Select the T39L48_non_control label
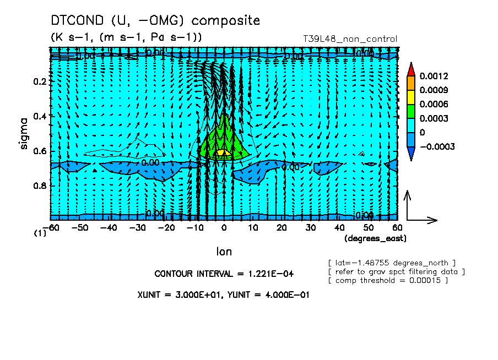(x=350, y=39)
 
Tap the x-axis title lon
(x=224, y=252)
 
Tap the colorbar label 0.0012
(x=433, y=75)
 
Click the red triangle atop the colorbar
(x=411, y=68)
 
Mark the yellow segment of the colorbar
(x=411, y=97)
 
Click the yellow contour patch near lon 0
(x=221, y=151)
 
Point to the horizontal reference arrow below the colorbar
(x=422, y=220)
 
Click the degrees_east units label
(x=375, y=238)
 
